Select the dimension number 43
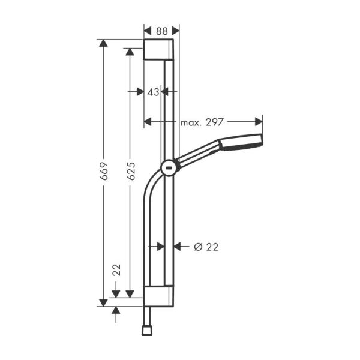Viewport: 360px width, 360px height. click(153, 92)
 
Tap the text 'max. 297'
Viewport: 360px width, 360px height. click(202, 122)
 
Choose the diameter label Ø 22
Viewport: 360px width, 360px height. click(206, 246)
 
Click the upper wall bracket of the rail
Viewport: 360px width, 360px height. click(159, 50)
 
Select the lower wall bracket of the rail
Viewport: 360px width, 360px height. click(159, 296)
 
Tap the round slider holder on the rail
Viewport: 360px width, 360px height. click(169, 168)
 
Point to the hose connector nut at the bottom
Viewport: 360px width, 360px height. click(146, 329)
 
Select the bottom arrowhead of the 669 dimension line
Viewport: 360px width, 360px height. click(104, 302)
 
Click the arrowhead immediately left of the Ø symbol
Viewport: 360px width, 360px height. click(177, 246)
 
